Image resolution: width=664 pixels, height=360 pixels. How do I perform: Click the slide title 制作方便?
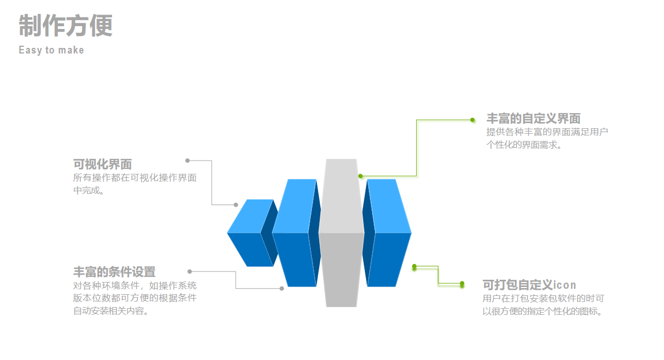[x=66, y=26]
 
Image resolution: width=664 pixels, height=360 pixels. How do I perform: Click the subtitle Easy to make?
[x=51, y=50]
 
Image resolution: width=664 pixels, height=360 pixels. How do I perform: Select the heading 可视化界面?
[x=102, y=164]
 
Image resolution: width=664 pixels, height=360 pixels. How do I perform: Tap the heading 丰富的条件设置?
[x=114, y=272]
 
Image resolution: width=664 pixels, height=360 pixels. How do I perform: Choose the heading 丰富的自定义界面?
[x=533, y=119]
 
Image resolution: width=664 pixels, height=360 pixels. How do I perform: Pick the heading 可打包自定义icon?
[x=529, y=285]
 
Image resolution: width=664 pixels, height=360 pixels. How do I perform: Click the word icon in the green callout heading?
[x=565, y=285]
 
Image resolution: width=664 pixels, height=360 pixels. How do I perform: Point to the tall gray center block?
[x=341, y=234]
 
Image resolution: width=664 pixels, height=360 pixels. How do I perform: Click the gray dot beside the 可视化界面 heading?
[x=188, y=160]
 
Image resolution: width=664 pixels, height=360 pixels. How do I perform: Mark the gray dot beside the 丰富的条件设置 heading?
[x=189, y=271]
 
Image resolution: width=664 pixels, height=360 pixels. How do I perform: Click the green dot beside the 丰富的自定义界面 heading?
[x=472, y=120]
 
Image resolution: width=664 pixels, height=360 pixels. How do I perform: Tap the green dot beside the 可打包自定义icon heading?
[x=462, y=284]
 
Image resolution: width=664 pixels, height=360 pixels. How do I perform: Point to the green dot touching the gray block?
[x=360, y=176]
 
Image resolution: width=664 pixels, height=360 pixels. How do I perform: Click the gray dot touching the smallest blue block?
[x=236, y=205]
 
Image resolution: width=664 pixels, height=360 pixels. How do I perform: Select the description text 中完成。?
[x=89, y=191]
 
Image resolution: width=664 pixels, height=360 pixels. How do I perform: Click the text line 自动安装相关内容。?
[x=111, y=311]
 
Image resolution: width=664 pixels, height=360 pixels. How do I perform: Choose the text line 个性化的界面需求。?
[x=524, y=145]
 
